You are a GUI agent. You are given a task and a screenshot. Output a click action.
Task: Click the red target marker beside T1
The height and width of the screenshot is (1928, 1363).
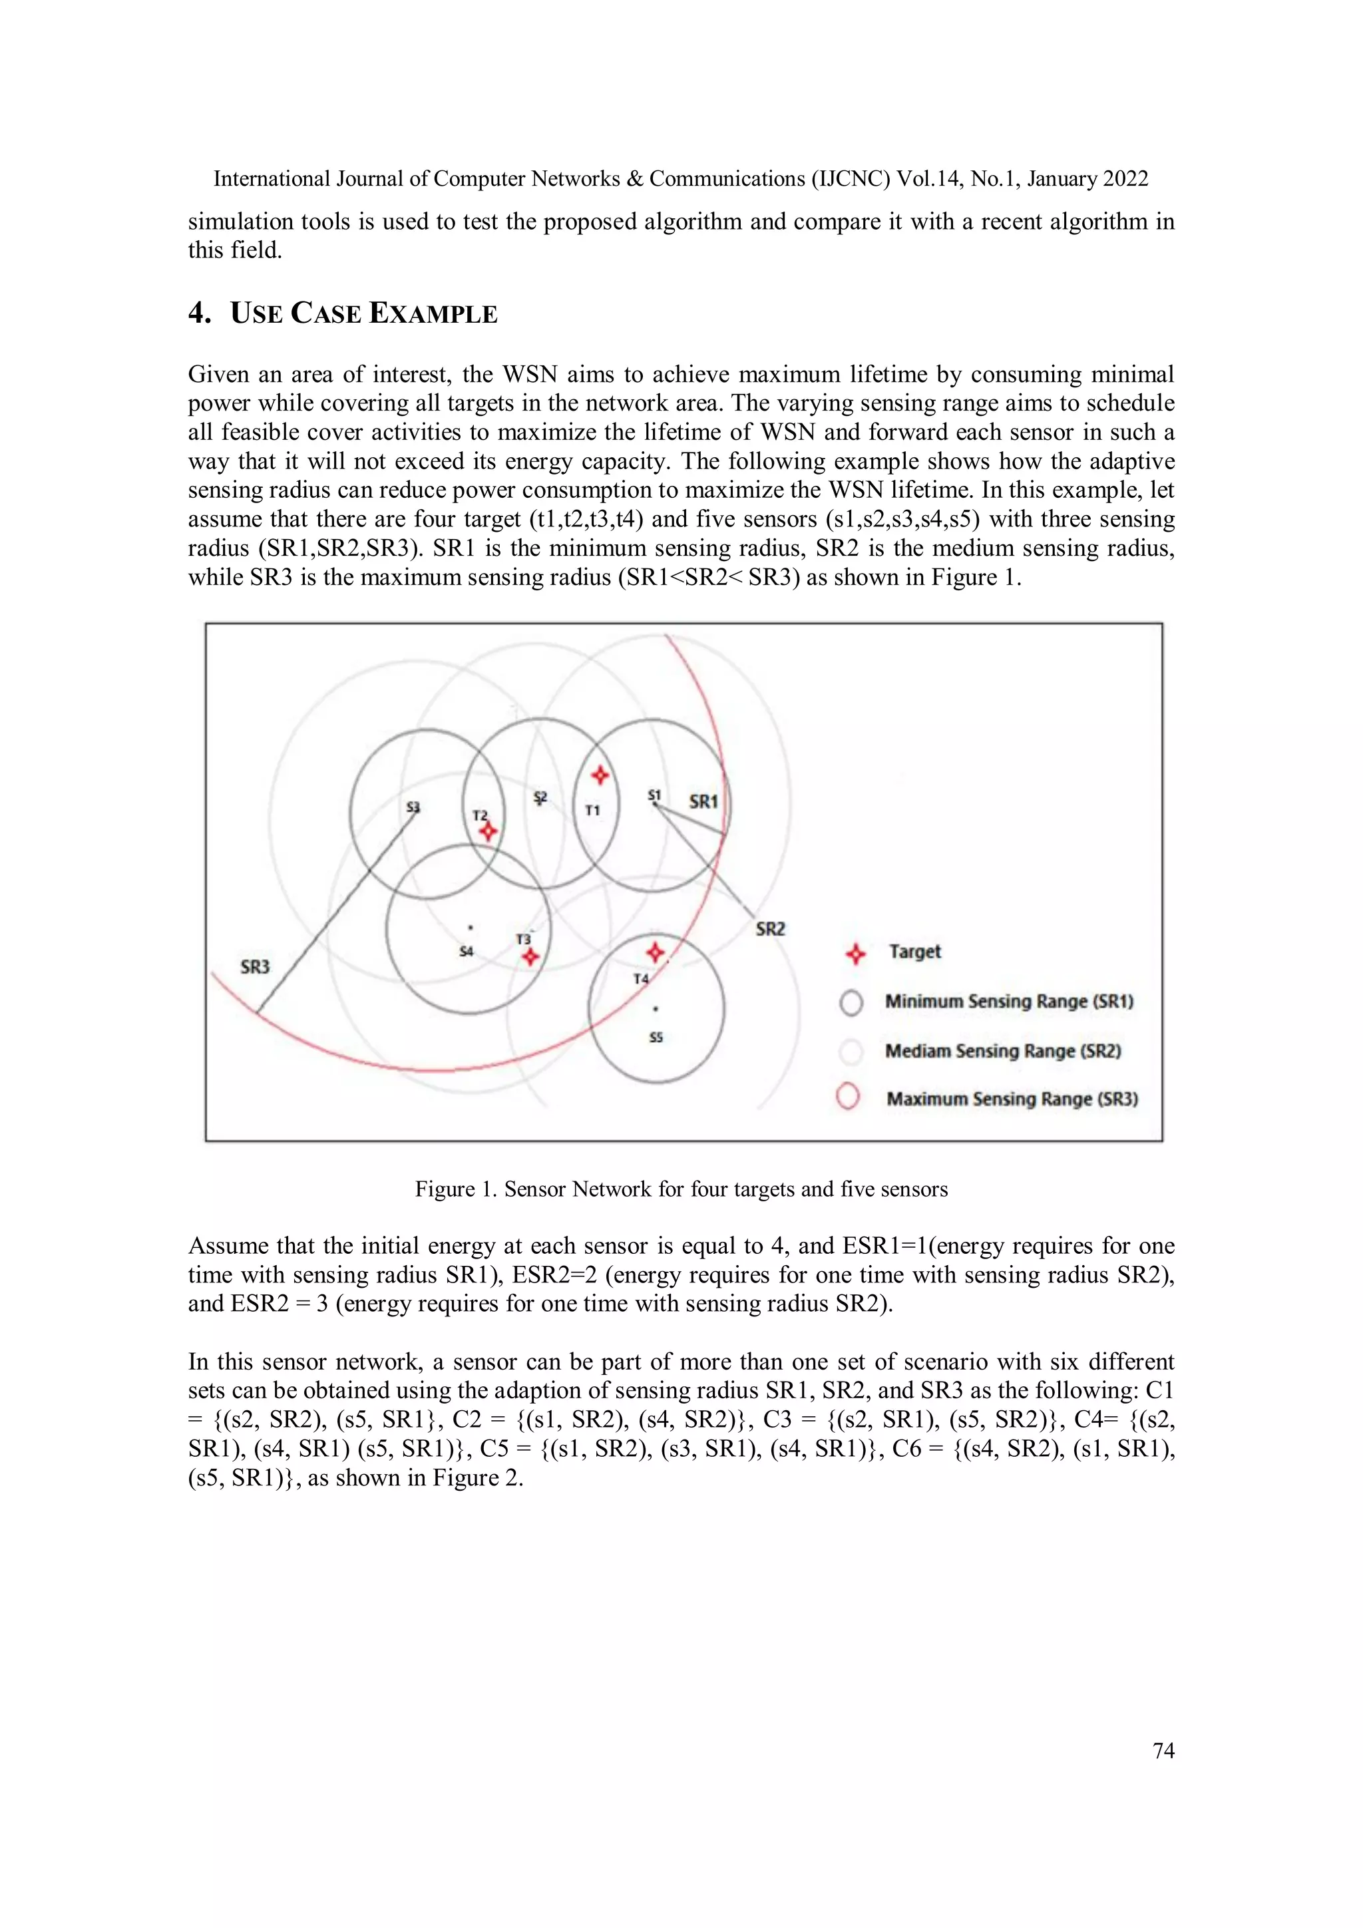(600, 774)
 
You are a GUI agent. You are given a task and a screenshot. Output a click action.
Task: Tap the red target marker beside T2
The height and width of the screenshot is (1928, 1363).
(488, 831)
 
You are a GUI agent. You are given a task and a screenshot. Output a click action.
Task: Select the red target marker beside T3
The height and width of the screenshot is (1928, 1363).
(530, 956)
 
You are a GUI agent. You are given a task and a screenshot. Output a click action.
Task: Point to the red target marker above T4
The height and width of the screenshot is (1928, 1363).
(655, 952)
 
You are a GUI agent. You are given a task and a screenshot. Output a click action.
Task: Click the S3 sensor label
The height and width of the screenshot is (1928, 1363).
(413, 807)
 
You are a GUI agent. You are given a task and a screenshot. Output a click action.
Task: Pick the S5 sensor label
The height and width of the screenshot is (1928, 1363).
(656, 1038)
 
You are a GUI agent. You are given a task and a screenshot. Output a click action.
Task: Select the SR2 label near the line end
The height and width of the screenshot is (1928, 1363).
(770, 929)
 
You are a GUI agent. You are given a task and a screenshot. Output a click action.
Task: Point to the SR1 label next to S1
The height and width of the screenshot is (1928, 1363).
(703, 801)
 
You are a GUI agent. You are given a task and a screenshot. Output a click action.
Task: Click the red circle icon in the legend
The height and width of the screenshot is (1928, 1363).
(848, 1097)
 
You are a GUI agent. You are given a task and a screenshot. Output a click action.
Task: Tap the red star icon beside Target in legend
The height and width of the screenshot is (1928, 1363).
(855, 954)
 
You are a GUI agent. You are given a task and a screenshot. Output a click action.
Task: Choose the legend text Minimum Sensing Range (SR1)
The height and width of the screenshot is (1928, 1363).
(1008, 1001)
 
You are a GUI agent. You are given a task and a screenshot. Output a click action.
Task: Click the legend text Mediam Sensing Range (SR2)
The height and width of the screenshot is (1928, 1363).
(1003, 1050)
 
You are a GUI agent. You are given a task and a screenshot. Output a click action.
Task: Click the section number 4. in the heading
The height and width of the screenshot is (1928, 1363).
(199, 313)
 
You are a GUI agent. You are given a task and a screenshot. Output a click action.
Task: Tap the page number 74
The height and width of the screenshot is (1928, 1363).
(1163, 1750)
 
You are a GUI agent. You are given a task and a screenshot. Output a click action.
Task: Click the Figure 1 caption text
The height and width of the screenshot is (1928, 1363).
(681, 1189)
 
